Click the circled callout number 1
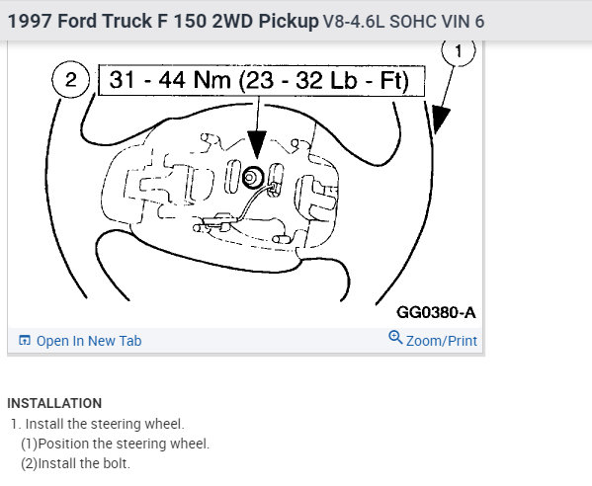pos(459,51)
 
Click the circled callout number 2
pos(70,80)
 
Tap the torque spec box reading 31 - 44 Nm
pos(261,81)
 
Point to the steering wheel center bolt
pos(252,177)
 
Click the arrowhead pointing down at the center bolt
pos(257,144)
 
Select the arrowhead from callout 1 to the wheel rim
pos(440,120)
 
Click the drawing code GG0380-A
pos(436,312)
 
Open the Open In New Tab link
pos(89,341)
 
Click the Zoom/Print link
pos(442,341)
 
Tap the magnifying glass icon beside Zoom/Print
pos(395,337)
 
